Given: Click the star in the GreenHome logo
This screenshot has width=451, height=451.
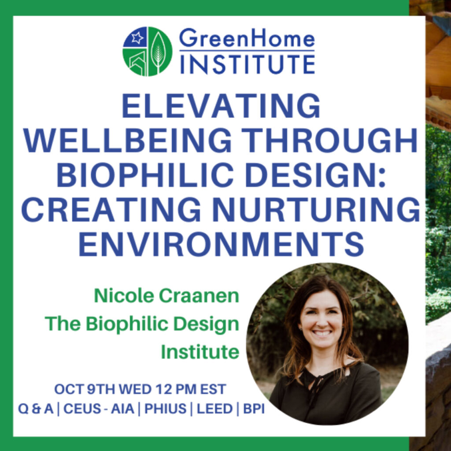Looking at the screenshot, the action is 137,38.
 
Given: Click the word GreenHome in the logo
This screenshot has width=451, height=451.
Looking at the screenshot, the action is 247,38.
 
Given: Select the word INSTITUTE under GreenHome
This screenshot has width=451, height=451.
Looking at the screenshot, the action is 247,64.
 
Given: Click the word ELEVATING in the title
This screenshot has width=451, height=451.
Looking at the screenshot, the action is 221,106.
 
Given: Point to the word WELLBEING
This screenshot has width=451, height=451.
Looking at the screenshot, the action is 128,140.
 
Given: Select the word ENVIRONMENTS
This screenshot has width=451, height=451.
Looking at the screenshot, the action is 222,244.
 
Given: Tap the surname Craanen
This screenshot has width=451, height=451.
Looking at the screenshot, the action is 199,296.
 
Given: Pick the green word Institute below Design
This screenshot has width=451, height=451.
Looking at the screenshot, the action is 200,352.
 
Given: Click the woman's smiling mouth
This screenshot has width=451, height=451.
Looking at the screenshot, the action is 322,333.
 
